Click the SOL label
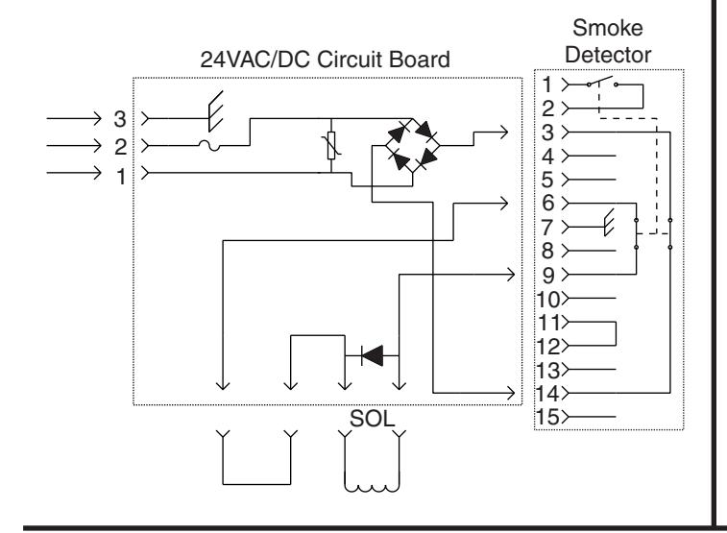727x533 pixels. (372, 419)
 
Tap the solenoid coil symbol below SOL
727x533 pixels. (372, 488)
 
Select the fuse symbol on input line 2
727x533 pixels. (209, 146)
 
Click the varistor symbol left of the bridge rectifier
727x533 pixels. (331, 146)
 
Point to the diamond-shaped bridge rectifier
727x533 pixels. (412, 146)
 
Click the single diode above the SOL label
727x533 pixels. (373, 355)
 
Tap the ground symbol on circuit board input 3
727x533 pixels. (215, 111)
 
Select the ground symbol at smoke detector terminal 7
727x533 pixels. (609, 223)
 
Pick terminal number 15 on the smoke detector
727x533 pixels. (547, 417)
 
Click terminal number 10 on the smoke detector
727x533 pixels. (548, 300)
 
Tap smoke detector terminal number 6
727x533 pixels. (548, 203)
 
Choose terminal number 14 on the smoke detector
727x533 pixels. (547, 393)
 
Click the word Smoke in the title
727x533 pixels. (607, 28)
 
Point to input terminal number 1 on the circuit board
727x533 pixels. (121, 176)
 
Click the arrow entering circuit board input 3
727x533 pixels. (74, 119)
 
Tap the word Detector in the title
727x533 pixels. (608, 55)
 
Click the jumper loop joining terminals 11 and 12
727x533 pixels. (616, 333)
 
